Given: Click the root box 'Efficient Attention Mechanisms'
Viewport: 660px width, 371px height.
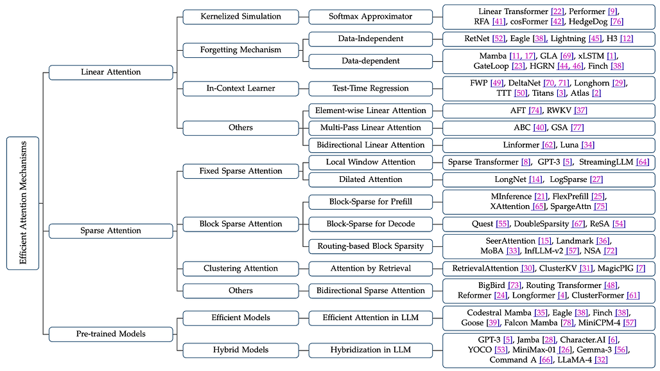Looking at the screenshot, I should pos(22,203).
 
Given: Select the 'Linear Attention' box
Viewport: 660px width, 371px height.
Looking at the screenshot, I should pos(110,72).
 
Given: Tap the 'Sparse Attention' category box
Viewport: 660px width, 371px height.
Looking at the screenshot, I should pos(110,230).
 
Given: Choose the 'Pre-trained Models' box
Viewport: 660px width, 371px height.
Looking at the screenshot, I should pos(110,334).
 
